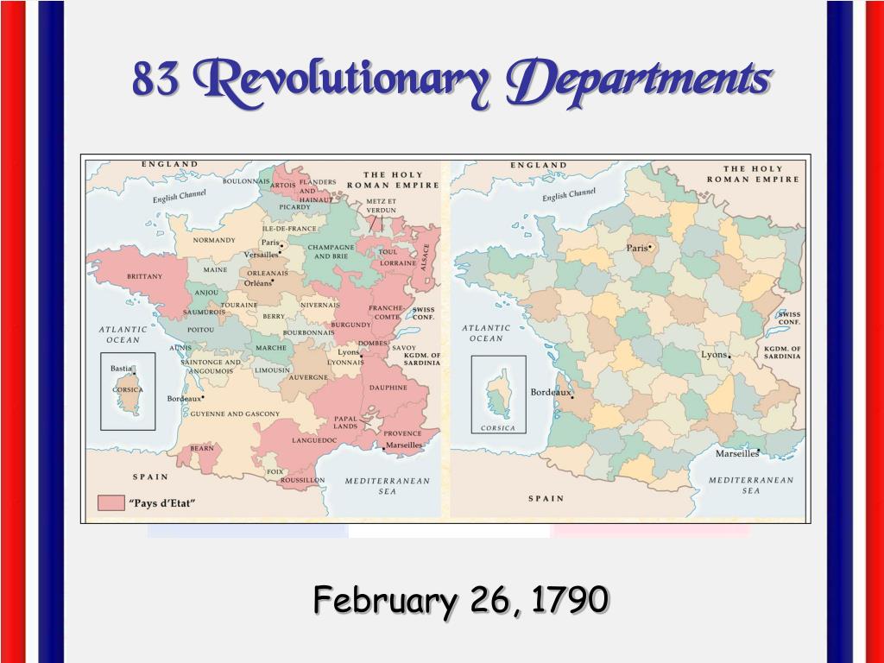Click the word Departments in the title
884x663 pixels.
tap(639, 80)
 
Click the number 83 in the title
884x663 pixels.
tap(155, 81)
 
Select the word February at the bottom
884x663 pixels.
tap(382, 598)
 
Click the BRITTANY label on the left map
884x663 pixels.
tap(144, 276)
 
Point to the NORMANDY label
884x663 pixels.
tap(214, 240)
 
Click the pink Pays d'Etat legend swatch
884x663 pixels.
tap(110, 502)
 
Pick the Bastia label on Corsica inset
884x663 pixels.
tap(121, 369)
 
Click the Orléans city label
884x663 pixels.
tap(257, 283)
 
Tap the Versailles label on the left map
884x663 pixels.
tap(261, 255)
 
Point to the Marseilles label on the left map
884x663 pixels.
tap(404, 445)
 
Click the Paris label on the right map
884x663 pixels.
tap(637, 248)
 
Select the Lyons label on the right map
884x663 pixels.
tap(713, 355)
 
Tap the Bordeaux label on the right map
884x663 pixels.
tap(551, 392)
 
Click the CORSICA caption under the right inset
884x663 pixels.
tap(498, 428)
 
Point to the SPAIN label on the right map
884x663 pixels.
tap(546, 498)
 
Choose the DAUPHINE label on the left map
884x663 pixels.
tap(388, 388)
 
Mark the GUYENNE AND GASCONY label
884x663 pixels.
tap(235, 414)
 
